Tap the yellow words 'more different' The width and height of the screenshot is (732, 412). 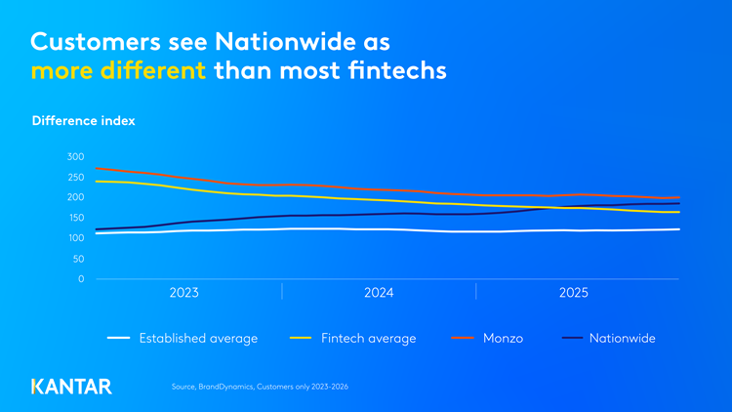119,71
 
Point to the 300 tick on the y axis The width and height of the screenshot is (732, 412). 76,156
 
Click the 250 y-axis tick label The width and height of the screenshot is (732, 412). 76,177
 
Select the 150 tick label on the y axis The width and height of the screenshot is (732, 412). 76,218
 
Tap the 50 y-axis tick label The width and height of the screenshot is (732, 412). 79,259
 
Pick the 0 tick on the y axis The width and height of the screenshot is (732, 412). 82,279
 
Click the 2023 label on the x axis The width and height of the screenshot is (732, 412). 184,293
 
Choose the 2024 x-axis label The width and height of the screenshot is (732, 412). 379,293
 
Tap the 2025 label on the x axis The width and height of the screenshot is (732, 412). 573,293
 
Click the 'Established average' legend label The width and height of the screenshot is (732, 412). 198,339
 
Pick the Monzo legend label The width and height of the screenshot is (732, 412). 503,339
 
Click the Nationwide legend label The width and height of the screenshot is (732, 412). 622,339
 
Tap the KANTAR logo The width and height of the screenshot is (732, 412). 71,386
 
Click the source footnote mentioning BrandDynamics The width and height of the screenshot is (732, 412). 260,388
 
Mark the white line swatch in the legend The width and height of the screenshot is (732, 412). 118,339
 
